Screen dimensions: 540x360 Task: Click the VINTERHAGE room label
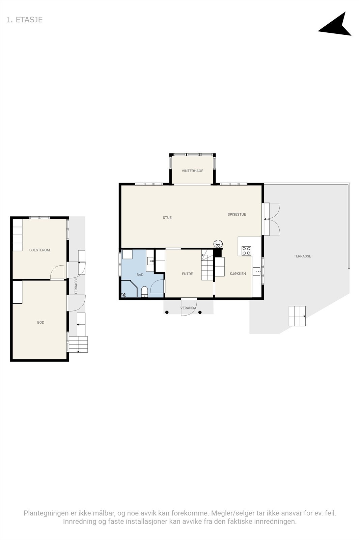192,171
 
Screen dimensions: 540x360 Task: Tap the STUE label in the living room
167,218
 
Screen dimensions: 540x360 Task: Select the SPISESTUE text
237,214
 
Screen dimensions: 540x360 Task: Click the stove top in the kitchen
246,250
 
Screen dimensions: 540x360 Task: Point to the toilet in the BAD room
144,291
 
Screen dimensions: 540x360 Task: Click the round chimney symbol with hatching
218,244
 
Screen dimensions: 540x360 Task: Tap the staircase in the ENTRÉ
207,269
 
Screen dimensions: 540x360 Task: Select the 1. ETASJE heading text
24,20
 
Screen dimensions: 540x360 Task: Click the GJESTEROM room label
39,250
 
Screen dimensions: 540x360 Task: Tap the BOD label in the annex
40,322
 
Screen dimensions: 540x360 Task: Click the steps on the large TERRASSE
297,316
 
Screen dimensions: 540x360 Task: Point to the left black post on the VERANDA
167,313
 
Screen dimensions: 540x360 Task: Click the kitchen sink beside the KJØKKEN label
256,271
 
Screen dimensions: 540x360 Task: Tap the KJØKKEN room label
238,274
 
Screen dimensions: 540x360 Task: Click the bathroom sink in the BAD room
150,261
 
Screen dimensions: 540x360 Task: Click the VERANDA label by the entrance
188,308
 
